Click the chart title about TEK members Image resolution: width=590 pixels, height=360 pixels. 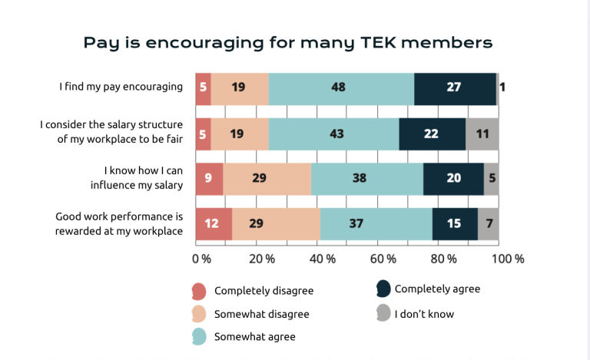[x=288, y=43]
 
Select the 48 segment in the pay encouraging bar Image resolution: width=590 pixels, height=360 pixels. [x=341, y=89]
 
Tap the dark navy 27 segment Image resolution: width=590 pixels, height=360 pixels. [x=455, y=89]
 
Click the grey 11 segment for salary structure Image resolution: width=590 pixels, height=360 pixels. [x=482, y=134]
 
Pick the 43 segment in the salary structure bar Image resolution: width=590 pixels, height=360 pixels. [x=333, y=134]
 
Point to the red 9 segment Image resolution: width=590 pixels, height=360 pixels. [x=209, y=179]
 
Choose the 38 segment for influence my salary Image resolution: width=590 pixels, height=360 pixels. [x=367, y=179]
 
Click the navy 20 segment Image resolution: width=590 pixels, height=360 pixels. [x=453, y=179]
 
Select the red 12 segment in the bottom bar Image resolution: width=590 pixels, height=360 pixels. [x=214, y=223]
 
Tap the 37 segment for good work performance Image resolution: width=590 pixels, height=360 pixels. [x=376, y=223]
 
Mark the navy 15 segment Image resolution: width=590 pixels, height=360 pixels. [x=455, y=223]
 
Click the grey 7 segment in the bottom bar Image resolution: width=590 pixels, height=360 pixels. [x=489, y=223]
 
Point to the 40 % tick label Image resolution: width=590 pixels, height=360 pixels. [x=323, y=259]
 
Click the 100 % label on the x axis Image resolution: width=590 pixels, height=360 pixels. [x=508, y=259]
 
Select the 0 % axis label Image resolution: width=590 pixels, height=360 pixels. [x=202, y=259]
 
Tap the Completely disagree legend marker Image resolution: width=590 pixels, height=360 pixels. [x=199, y=291]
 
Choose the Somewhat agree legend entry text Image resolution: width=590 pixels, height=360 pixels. [x=255, y=337]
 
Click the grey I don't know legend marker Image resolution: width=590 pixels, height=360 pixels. [x=383, y=312]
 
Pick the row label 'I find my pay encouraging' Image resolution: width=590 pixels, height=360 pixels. [x=121, y=88]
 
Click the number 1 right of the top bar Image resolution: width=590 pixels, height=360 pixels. [x=502, y=88]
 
